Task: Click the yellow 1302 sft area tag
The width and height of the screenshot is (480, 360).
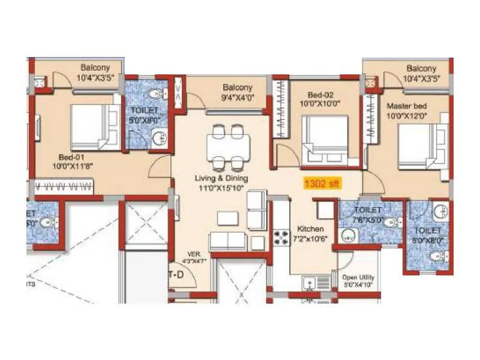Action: click(x=322, y=184)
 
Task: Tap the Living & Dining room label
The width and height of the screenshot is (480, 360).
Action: click(x=221, y=178)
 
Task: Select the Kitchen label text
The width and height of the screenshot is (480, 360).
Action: click(x=310, y=229)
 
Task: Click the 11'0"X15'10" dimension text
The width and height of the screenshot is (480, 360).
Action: click(x=221, y=188)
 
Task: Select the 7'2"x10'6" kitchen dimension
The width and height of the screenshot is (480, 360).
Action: click(x=310, y=239)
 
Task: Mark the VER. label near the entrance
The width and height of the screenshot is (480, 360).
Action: click(x=194, y=253)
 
